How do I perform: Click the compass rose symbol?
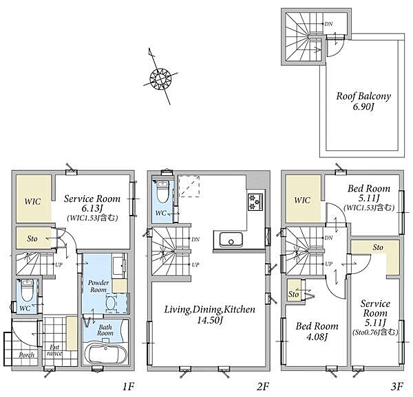(x=160, y=78)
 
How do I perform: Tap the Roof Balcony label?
(x=363, y=96)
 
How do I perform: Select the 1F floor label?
(x=128, y=386)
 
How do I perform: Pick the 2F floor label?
(x=263, y=386)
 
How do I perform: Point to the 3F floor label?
(x=397, y=386)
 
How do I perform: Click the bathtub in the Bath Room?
(x=105, y=352)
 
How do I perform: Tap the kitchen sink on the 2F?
(x=231, y=240)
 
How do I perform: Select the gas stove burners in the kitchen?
(x=255, y=202)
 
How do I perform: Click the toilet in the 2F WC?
(x=162, y=191)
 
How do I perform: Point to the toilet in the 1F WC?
(x=27, y=290)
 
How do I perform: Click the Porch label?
(x=27, y=355)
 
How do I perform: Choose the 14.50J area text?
(x=210, y=320)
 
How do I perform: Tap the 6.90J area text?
(x=363, y=106)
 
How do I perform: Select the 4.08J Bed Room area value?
(x=317, y=337)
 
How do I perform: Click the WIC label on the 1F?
(x=32, y=202)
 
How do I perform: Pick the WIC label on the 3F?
(x=302, y=201)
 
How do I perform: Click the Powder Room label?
(x=98, y=286)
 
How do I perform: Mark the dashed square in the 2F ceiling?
(x=189, y=186)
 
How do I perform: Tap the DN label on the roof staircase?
(x=329, y=24)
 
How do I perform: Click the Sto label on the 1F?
(x=32, y=239)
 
